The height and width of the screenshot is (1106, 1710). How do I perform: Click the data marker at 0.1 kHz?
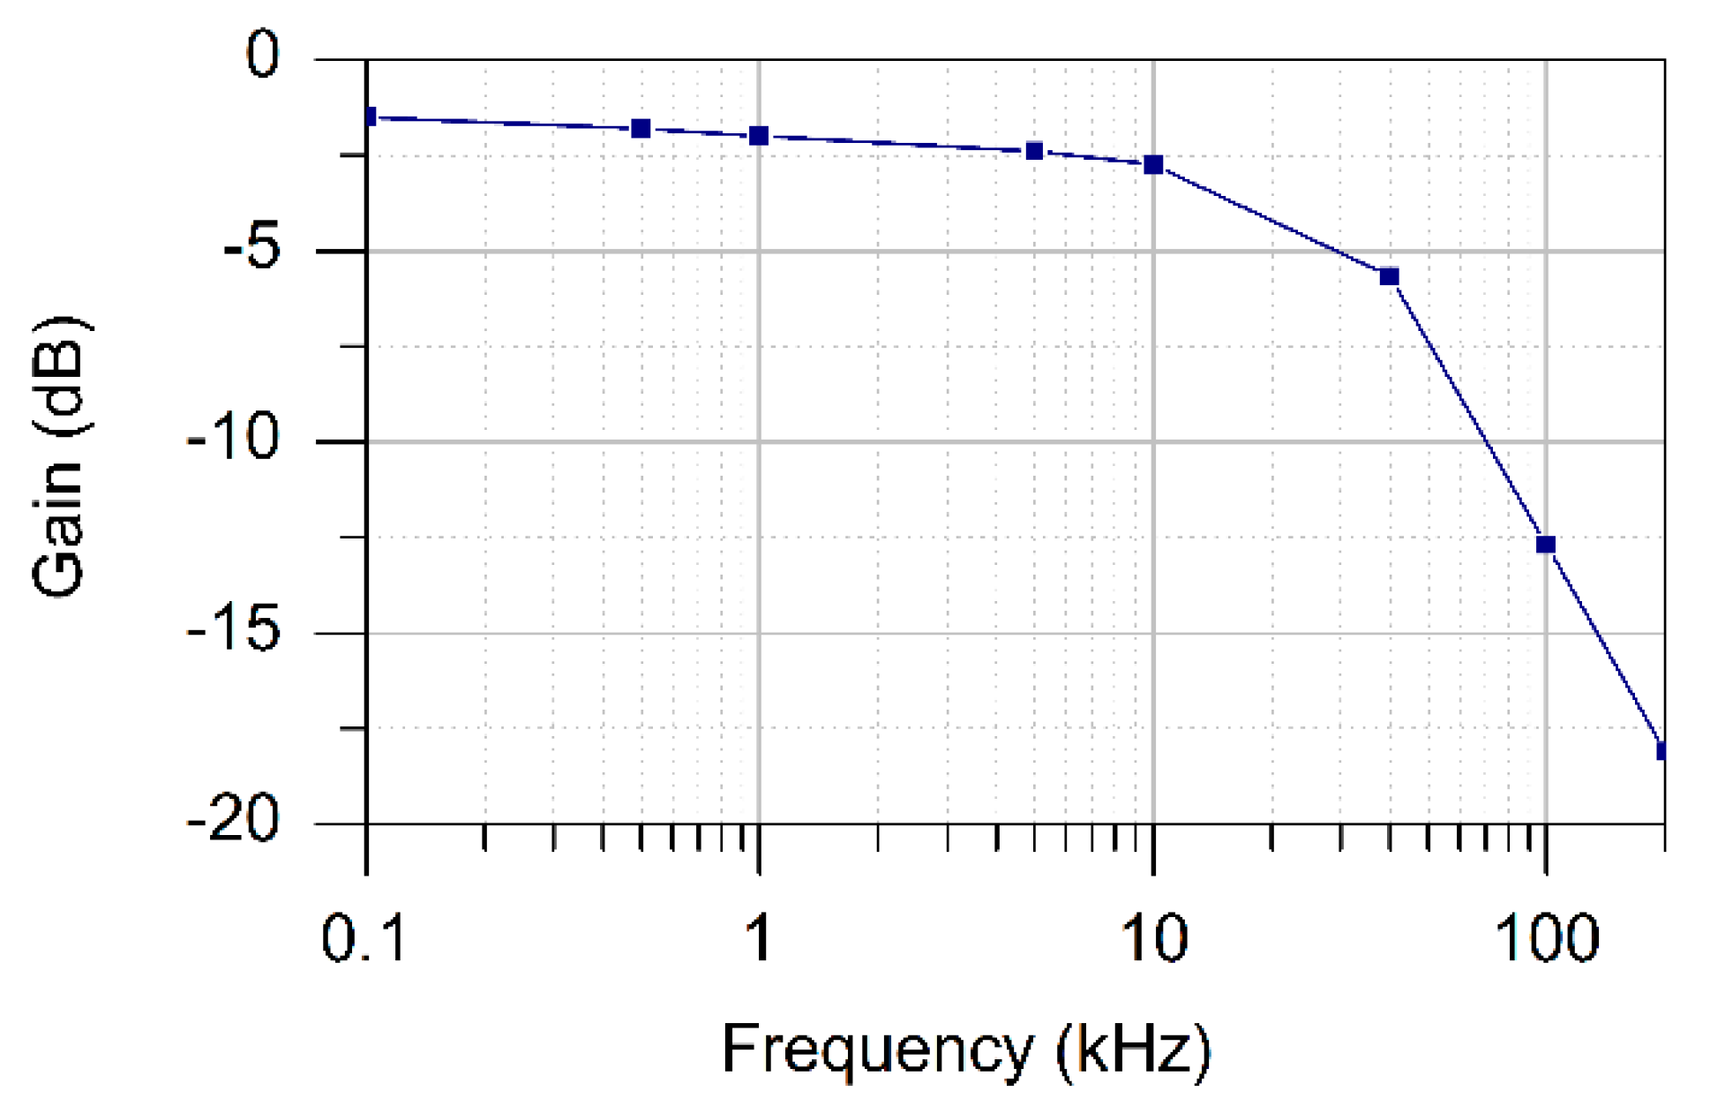point(369,117)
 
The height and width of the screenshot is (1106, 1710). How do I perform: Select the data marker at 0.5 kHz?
point(641,129)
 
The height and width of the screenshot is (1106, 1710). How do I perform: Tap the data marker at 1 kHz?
point(759,136)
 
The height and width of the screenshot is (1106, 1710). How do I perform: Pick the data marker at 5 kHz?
point(1035,151)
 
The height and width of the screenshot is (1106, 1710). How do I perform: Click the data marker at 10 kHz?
point(1153,165)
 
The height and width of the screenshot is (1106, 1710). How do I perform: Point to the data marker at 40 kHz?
point(1390,277)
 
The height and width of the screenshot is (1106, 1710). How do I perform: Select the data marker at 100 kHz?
point(1546,545)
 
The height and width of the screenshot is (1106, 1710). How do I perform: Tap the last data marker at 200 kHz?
point(1661,751)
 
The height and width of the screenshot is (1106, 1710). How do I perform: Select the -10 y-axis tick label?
point(233,439)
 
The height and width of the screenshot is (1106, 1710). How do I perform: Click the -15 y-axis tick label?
point(233,630)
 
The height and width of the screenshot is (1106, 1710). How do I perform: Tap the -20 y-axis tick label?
point(233,822)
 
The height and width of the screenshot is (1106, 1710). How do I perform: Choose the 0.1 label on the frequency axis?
point(364,937)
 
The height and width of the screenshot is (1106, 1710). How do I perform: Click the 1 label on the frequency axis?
point(758,937)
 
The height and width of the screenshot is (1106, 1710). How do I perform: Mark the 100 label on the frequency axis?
point(1547,937)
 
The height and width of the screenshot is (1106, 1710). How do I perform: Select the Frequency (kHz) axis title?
point(967,1050)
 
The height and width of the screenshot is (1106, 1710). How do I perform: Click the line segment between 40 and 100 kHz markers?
point(1468,411)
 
